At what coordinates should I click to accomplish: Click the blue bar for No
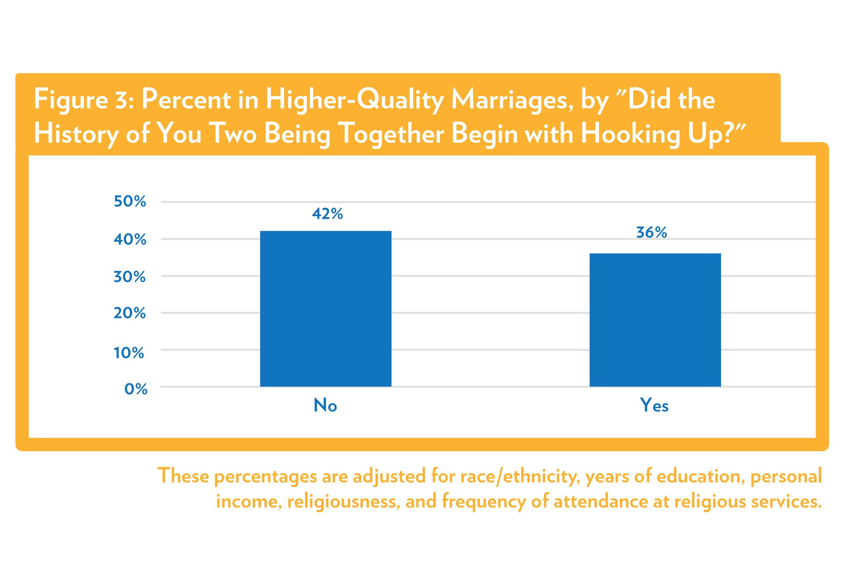(325, 309)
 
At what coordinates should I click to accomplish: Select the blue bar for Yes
(655, 320)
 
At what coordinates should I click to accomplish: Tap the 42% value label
(327, 214)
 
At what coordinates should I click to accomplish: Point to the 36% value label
(651, 233)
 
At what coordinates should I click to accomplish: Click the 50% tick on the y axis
(130, 201)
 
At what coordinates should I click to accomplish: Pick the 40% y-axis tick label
(130, 239)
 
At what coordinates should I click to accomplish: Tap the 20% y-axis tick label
(130, 313)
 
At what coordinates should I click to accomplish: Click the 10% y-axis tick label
(130, 353)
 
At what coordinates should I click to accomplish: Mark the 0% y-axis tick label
(136, 389)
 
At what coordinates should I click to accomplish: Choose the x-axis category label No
(325, 405)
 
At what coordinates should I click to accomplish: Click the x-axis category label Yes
(654, 405)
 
